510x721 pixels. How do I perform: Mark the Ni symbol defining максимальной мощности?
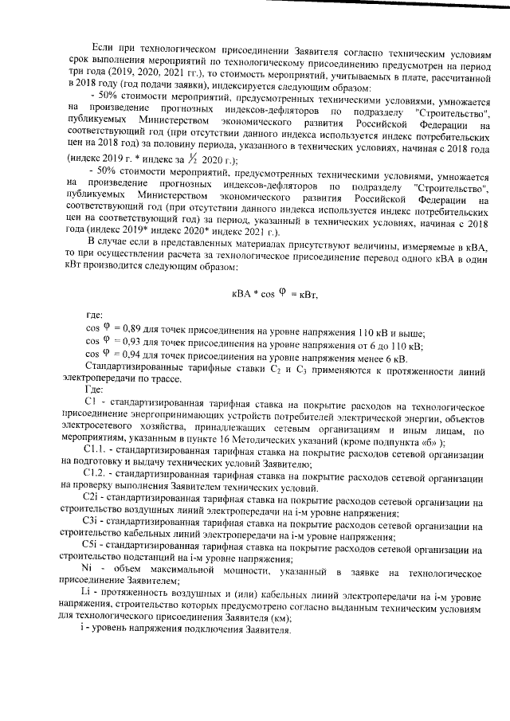[89, 565]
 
